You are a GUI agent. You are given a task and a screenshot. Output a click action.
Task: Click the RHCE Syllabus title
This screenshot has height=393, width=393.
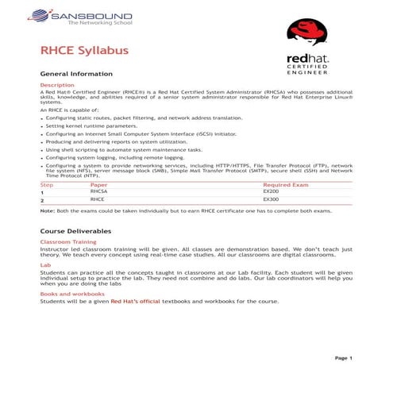coord(84,52)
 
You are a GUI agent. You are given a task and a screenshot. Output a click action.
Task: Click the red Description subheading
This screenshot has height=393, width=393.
coord(56,84)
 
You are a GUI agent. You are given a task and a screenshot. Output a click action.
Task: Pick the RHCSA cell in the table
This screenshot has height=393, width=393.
coord(98,192)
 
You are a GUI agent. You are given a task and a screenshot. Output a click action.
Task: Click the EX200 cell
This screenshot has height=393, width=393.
coord(271,192)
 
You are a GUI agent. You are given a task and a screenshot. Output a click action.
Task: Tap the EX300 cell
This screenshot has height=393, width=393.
coord(271,200)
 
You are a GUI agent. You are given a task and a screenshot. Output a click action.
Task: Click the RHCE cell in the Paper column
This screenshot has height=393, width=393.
coord(97,200)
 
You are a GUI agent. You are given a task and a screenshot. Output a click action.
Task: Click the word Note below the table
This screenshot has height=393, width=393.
coord(47,210)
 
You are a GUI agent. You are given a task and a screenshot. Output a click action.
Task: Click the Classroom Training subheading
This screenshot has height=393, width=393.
coord(68,241)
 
